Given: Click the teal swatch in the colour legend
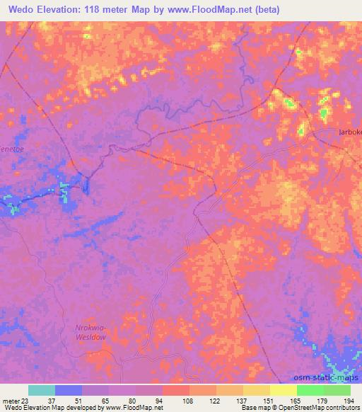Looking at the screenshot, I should pyautogui.click(x=42, y=390).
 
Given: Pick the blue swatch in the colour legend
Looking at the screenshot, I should pyautogui.click(x=69, y=390).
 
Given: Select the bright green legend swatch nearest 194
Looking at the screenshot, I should pyautogui.click(x=337, y=390).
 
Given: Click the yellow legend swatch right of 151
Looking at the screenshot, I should pyautogui.click(x=283, y=390).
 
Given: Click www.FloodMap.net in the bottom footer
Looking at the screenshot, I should pyautogui.click(x=132, y=408).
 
